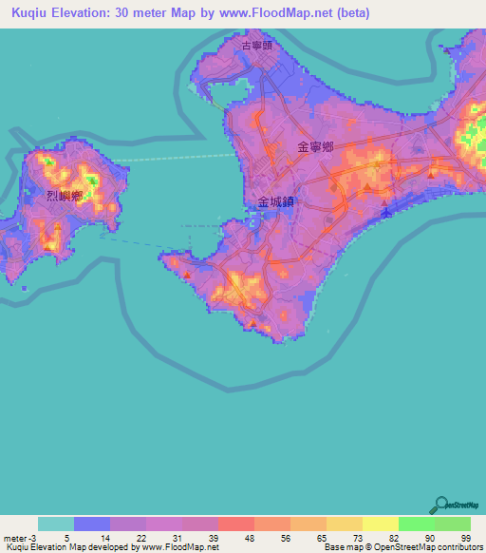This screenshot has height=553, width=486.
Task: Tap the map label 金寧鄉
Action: tap(315, 147)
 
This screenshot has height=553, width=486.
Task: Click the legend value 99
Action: tap(465, 537)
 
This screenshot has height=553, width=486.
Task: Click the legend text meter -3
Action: tap(18, 537)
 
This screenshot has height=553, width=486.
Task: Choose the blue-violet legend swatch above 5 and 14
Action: tap(92, 524)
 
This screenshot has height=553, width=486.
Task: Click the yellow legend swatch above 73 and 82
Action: tap(381, 524)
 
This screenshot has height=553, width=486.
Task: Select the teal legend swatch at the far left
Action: tap(56, 524)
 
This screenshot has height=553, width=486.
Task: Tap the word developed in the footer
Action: tap(113, 547)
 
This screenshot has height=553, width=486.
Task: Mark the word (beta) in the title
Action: tap(348, 13)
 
